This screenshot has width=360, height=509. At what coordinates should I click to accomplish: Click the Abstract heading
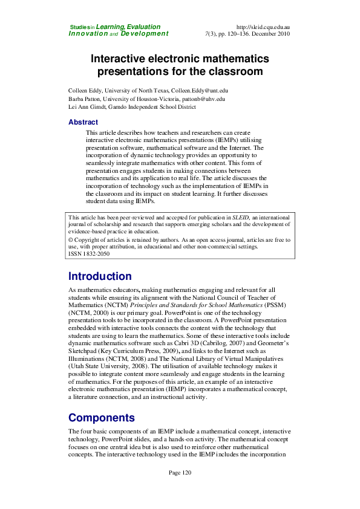(83, 122)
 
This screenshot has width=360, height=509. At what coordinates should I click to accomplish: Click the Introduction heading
(100, 276)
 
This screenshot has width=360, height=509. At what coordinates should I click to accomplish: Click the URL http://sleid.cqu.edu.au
(263, 27)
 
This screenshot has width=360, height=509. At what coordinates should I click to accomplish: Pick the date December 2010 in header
(269, 34)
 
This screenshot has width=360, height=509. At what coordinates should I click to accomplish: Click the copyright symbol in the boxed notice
(71, 239)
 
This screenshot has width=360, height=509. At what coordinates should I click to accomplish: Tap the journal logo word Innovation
(88, 34)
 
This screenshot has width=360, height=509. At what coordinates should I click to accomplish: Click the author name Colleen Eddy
(86, 90)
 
